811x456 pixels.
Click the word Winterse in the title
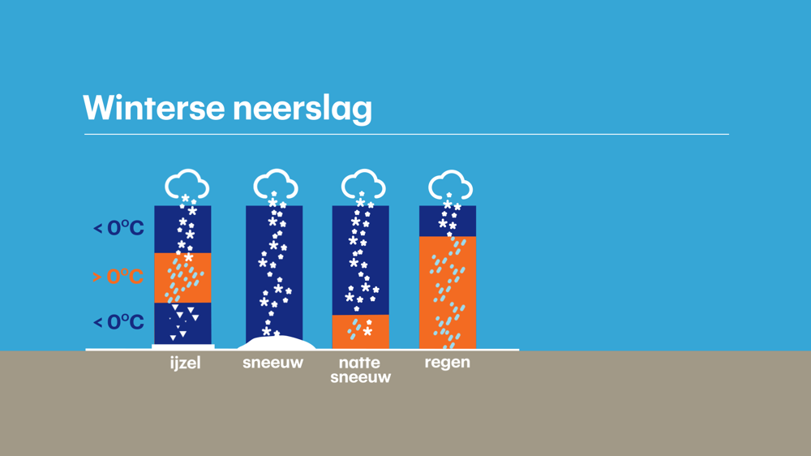153,108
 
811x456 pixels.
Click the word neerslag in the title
302,110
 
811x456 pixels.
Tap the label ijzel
185,363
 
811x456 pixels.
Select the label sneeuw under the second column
272,363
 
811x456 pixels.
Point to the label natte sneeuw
361,369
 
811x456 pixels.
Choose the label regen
448,363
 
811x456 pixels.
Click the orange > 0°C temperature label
118,277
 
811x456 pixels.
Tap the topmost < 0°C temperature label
118,228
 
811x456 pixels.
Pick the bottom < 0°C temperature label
118,322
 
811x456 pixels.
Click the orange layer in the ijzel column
182,278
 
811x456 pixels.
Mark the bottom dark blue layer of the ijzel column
182,324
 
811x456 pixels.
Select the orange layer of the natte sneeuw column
361,332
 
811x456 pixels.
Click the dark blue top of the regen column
448,221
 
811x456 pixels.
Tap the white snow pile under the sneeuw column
277,342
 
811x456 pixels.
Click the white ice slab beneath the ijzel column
183,346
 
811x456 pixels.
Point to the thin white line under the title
406,134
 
